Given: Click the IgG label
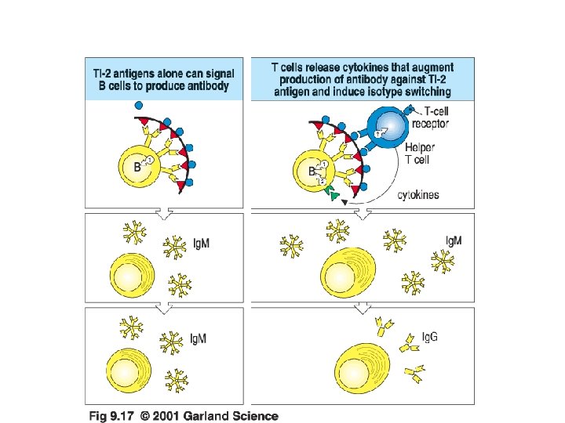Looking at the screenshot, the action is tap(430, 338).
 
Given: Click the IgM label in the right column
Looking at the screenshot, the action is tap(454, 240).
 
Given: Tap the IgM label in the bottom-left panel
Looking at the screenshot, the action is tap(199, 338).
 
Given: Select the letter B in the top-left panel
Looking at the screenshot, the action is tap(137, 166).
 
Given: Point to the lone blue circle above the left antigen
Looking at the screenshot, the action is tap(138, 105).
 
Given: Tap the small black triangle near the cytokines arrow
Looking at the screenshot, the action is tap(344, 202).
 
